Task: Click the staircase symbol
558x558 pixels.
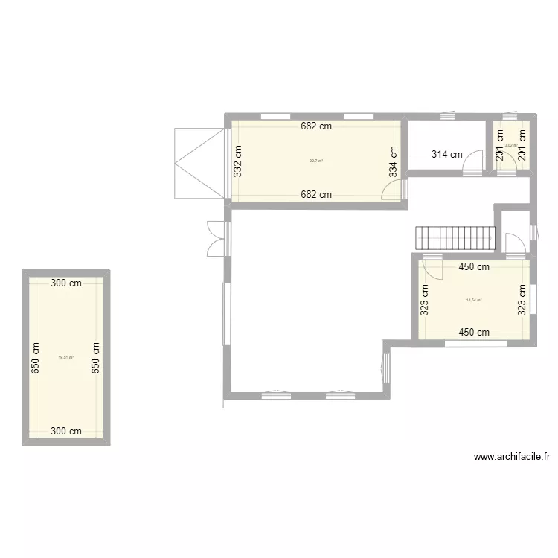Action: pos(455,238)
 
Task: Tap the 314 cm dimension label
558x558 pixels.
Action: pos(447,155)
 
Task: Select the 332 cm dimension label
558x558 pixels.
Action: pos(238,159)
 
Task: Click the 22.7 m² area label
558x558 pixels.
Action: pos(316,161)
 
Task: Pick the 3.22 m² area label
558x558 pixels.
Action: pos(511,145)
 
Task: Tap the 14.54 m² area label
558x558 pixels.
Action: pos(474,301)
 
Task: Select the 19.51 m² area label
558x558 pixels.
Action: pos(65,357)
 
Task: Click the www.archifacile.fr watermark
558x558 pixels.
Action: pos(510,458)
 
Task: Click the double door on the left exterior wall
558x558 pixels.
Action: pos(214,238)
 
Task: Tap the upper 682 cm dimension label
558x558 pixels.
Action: pos(316,126)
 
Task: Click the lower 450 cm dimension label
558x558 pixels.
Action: pos(474,333)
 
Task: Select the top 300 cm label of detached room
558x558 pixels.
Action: pos(66,283)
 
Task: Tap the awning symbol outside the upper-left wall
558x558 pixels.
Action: pos(199,163)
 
